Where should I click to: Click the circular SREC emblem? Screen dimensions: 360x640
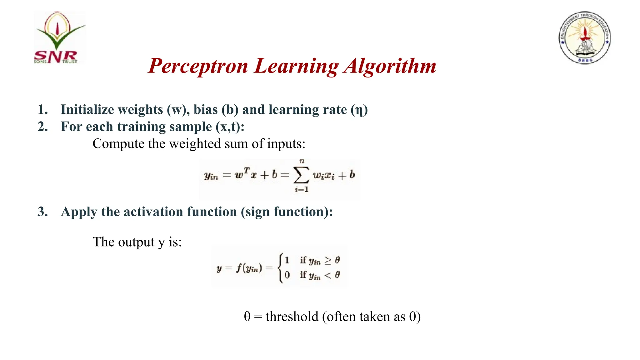[x=584, y=37]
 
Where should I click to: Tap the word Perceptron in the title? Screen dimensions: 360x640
[x=198, y=66]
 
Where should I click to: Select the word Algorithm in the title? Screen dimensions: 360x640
[x=390, y=66]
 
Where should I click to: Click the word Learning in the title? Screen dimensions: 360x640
[x=296, y=66]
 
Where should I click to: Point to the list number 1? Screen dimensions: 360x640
[x=42, y=110]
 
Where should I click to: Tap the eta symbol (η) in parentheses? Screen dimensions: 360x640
[x=359, y=110]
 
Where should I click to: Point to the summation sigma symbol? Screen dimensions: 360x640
[x=301, y=175]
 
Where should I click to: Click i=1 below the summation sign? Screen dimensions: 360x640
[x=301, y=189]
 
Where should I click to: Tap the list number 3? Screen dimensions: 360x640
[x=42, y=212]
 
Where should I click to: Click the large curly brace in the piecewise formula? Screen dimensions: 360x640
[x=281, y=268]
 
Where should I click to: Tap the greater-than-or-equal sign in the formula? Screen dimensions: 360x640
[x=328, y=261]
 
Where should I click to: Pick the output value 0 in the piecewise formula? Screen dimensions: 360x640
[x=287, y=275]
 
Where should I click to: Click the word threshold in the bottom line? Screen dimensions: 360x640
[x=292, y=317]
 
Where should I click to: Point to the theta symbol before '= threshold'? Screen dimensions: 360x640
[x=247, y=317]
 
